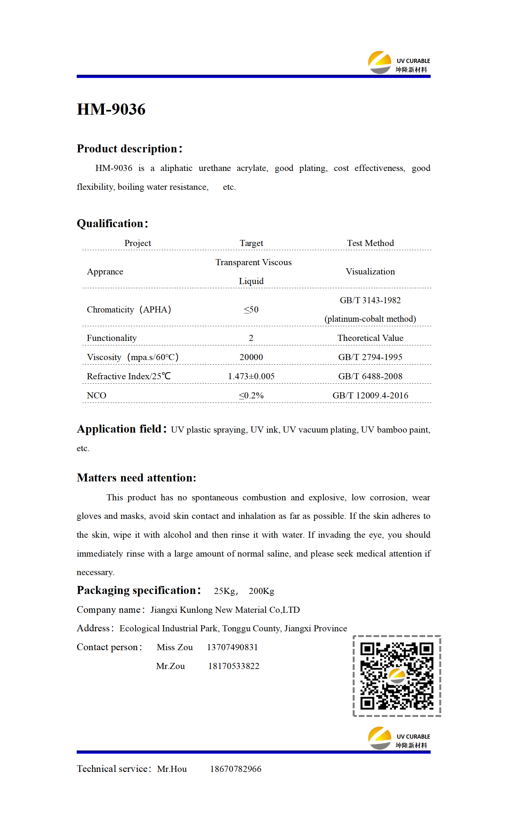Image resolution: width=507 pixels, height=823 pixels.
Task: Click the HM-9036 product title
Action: coord(111,109)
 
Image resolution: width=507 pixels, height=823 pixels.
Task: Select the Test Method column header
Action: coord(370,243)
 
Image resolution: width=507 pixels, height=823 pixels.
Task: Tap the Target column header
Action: coord(251,243)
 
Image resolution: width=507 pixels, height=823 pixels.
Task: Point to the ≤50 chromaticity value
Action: coord(251,309)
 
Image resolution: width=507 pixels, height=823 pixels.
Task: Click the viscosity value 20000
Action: coord(251,357)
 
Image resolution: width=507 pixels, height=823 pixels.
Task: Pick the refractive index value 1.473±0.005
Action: coord(251,376)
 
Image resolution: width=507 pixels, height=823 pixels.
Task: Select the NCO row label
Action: coord(96,396)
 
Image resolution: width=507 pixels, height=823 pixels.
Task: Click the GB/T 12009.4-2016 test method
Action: coord(370,396)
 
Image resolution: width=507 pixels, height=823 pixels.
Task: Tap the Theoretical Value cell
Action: coord(370,338)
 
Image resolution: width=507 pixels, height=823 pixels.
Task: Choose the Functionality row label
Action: coord(112,338)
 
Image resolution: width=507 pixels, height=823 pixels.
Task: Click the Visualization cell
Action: coord(370,272)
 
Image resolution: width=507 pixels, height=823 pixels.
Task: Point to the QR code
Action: coord(397,676)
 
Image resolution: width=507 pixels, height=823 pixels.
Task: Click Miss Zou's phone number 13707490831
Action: coord(232,647)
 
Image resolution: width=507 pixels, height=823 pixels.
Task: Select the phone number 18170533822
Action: coord(234,666)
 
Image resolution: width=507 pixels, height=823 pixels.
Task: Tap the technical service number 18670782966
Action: coord(235,769)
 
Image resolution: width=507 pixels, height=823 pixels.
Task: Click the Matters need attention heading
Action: coord(136,478)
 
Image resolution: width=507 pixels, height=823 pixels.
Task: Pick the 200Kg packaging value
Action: coord(261,591)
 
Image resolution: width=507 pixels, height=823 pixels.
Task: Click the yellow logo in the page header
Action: coord(380,62)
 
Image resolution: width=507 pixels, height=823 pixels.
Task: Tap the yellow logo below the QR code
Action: coord(380,738)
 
